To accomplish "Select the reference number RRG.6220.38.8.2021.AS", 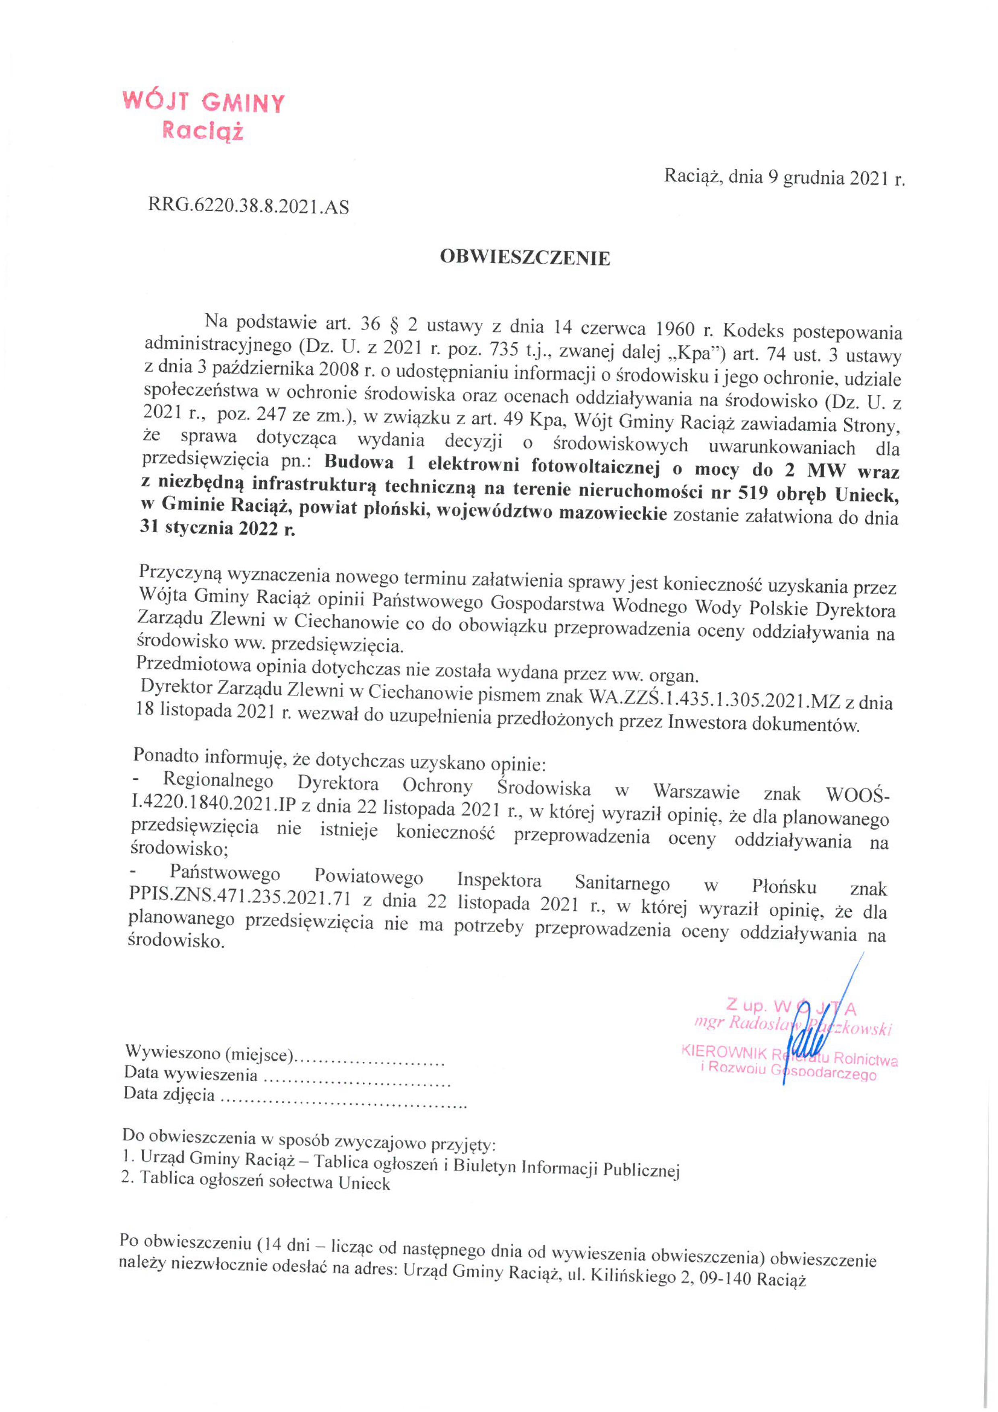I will [x=248, y=207].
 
